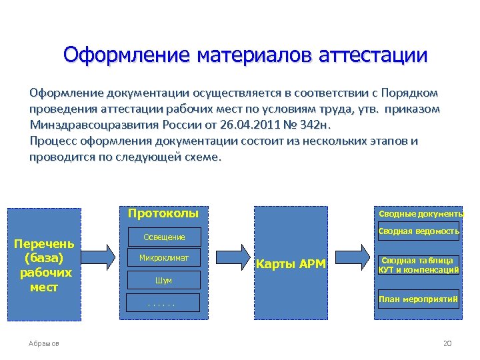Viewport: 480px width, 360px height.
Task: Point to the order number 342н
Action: point(313,124)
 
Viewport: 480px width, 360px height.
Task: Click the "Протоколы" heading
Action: point(163,214)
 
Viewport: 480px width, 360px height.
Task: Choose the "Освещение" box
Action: point(163,237)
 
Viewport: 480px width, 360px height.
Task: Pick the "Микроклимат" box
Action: point(163,257)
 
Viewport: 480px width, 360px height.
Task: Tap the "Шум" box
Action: point(163,281)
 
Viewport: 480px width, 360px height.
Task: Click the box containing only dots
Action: point(163,303)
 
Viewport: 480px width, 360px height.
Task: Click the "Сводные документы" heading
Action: point(420,214)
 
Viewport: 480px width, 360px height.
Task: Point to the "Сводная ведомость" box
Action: point(419,232)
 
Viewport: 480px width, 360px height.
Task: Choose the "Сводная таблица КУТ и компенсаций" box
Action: point(419,265)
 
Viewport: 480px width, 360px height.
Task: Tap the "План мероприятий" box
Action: point(419,299)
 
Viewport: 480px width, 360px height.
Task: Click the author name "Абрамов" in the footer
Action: point(44,343)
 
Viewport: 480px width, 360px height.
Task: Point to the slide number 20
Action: point(447,343)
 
